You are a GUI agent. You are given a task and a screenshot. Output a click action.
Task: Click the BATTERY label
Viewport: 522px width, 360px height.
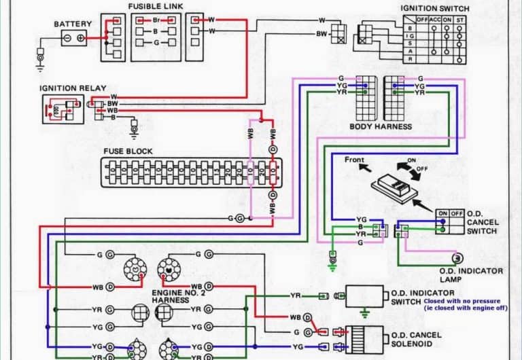click(73, 24)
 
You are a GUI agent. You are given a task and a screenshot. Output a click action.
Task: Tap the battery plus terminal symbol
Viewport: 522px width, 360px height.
click(81, 39)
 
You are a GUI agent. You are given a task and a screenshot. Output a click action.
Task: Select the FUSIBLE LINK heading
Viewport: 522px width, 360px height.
click(155, 7)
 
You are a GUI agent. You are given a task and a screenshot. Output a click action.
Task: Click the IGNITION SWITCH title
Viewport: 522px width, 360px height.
click(434, 7)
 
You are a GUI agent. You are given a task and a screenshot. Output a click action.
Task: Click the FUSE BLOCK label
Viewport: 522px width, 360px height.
click(128, 151)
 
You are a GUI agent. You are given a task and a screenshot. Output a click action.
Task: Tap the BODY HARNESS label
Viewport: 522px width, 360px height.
click(380, 126)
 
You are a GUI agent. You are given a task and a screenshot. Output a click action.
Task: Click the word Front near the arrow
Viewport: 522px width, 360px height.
click(353, 160)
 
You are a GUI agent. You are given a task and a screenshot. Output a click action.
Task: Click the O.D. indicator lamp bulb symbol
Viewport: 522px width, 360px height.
click(457, 258)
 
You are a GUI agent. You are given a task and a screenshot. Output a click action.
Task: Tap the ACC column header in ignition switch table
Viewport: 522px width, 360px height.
click(435, 20)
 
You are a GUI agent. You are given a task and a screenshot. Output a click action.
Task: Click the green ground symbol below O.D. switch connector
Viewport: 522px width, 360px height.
click(332, 259)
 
